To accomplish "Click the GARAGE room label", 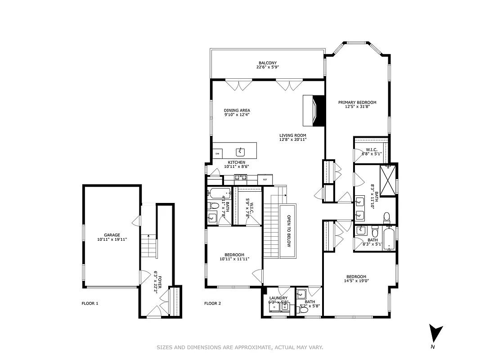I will [x=112, y=235].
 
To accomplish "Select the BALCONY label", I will [x=267, y=63].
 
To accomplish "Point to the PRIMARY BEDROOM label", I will [x=357, y=103].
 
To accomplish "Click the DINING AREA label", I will [x=237, y=110].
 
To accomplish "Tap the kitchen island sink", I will [x=241, y=151].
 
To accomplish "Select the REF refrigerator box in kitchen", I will [x=265, y=180].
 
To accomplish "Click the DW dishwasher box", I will [x=217, y=154].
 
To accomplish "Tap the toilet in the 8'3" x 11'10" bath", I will [x=386, y=219].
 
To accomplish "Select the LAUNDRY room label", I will [x=278, y=298].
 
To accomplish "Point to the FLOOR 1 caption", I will [x=90, y=303].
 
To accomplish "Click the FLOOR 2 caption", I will [x=213, y=303].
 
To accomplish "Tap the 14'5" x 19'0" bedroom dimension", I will [x=356, y=282].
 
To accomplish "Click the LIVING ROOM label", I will [x=292, y=135].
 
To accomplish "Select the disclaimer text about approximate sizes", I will [x=240, y=347].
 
